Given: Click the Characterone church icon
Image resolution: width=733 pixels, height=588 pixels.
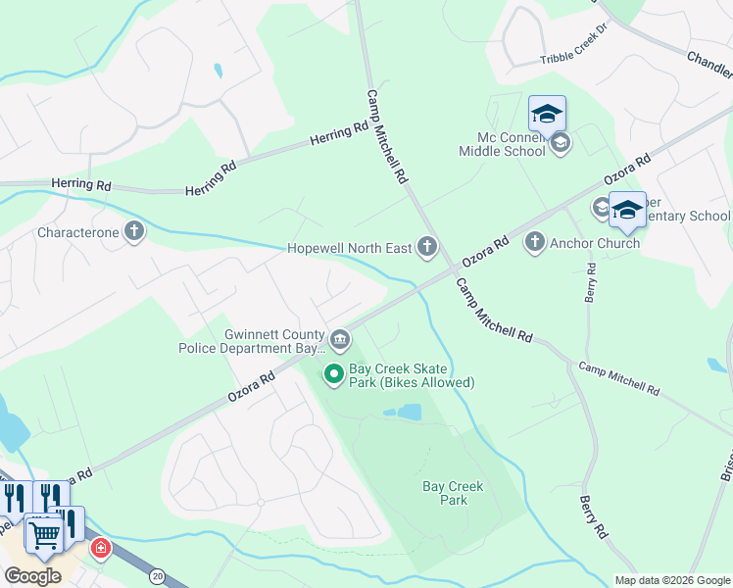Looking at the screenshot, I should (x=133, y=232).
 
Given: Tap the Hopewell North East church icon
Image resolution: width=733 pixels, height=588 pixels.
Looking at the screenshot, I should (x=426, y=247).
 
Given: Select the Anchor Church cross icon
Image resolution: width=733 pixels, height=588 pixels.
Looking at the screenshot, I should (x=534, y=241).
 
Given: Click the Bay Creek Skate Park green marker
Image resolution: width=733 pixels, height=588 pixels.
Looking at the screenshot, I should (x=333, y=373).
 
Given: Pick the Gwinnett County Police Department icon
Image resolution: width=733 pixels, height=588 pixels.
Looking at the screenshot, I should (x=339, y=340).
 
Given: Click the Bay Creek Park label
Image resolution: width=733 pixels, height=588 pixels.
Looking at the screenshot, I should (x=452, y=493).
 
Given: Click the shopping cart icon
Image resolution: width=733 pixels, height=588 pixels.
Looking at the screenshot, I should (x=44, y=534).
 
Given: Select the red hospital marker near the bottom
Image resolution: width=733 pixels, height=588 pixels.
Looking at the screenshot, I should (x=100, y=548).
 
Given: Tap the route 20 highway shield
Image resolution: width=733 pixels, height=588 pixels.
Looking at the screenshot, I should (x=158, y=577).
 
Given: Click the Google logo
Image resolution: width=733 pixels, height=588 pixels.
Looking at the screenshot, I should (x=32, y=576).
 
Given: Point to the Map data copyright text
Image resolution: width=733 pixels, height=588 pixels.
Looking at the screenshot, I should (x=671, y=580).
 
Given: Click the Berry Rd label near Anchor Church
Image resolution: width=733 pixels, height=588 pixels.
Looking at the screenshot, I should (x=591, y=282).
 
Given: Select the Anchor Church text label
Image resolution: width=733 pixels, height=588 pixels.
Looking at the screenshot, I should (x=595, y=243).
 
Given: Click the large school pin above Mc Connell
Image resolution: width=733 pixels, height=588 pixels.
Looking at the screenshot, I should (x=547, y=114).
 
